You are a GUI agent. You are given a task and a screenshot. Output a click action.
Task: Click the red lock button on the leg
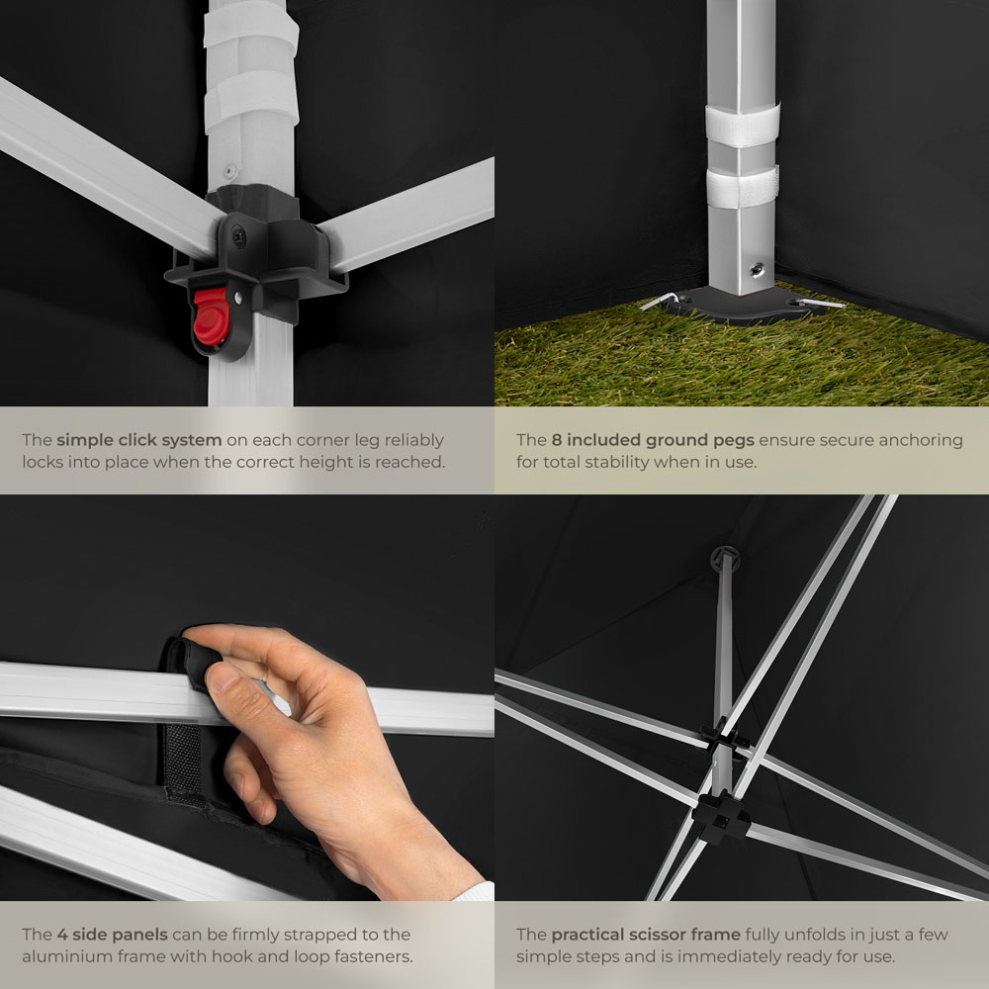211,316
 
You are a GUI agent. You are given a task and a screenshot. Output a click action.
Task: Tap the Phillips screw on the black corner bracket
239,236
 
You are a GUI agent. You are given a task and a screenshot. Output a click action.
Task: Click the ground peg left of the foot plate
659,301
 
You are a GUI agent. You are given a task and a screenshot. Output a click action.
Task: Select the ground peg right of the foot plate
821,304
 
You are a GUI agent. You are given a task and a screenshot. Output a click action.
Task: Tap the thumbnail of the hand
222,678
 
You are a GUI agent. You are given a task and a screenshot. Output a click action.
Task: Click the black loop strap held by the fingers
193,663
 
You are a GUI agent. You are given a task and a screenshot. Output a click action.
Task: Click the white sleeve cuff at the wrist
475,891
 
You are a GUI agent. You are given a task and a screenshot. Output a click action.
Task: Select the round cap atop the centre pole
725,558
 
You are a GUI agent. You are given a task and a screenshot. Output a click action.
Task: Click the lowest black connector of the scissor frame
722,816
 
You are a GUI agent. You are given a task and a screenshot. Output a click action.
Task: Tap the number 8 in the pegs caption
556,440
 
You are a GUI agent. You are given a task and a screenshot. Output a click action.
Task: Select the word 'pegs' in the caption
734,441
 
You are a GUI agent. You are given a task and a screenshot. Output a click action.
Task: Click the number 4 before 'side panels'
61,935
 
